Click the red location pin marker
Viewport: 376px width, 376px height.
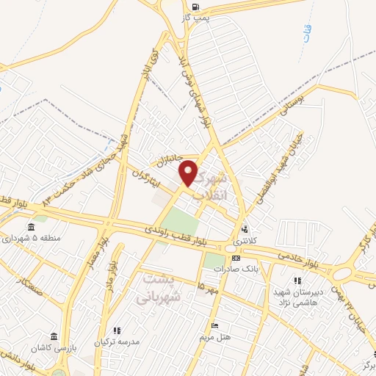pyautogui.click(x=189, y=173)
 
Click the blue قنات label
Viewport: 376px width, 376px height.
pyautogui.click(x=304, y=32)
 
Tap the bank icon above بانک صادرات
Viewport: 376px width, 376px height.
pyautogui.click(x=235, y=258)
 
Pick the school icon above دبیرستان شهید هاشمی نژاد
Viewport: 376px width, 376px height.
pyautogui.click(x=297, y=280)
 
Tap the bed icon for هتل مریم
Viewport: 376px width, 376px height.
pyautogui.click(x=214, y=325)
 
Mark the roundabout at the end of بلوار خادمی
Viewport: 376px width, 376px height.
pyautogui.click(x=341, y=273)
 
